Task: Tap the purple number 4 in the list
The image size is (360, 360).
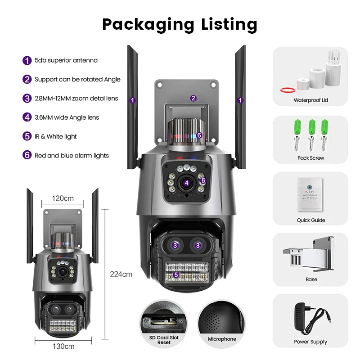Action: tap(27, 117)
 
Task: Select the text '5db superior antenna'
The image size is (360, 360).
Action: tap(66, 60)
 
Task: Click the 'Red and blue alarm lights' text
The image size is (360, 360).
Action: tap(72, 156)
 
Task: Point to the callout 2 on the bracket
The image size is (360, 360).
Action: tap(193, 98)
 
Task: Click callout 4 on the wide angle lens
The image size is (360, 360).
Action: tap(186, 183)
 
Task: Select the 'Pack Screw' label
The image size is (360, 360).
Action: tap(310, 158)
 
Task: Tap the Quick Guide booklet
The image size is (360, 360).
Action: tap(310, 194)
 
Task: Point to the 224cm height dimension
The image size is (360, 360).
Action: tap(121, 274)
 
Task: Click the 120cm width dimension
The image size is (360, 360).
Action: tap(63, 198)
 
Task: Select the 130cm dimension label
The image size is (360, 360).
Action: tap(63, 346)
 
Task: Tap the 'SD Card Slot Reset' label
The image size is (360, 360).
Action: tap(164, 340)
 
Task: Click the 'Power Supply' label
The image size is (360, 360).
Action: tap(310, 342)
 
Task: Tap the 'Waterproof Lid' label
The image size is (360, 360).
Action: tap(310, 100)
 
